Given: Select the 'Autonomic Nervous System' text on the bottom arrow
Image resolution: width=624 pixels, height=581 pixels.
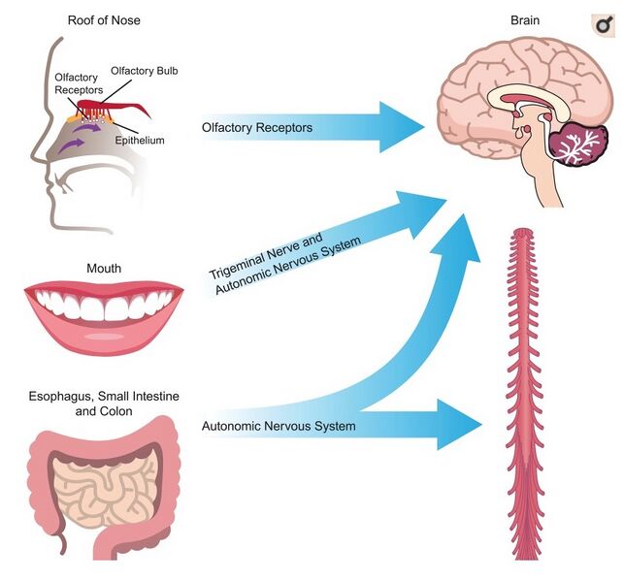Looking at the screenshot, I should pyautogui.click(x=279, y=426).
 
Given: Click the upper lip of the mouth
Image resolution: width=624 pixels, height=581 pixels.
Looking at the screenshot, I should pyautogui.click(x=104, y=292).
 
